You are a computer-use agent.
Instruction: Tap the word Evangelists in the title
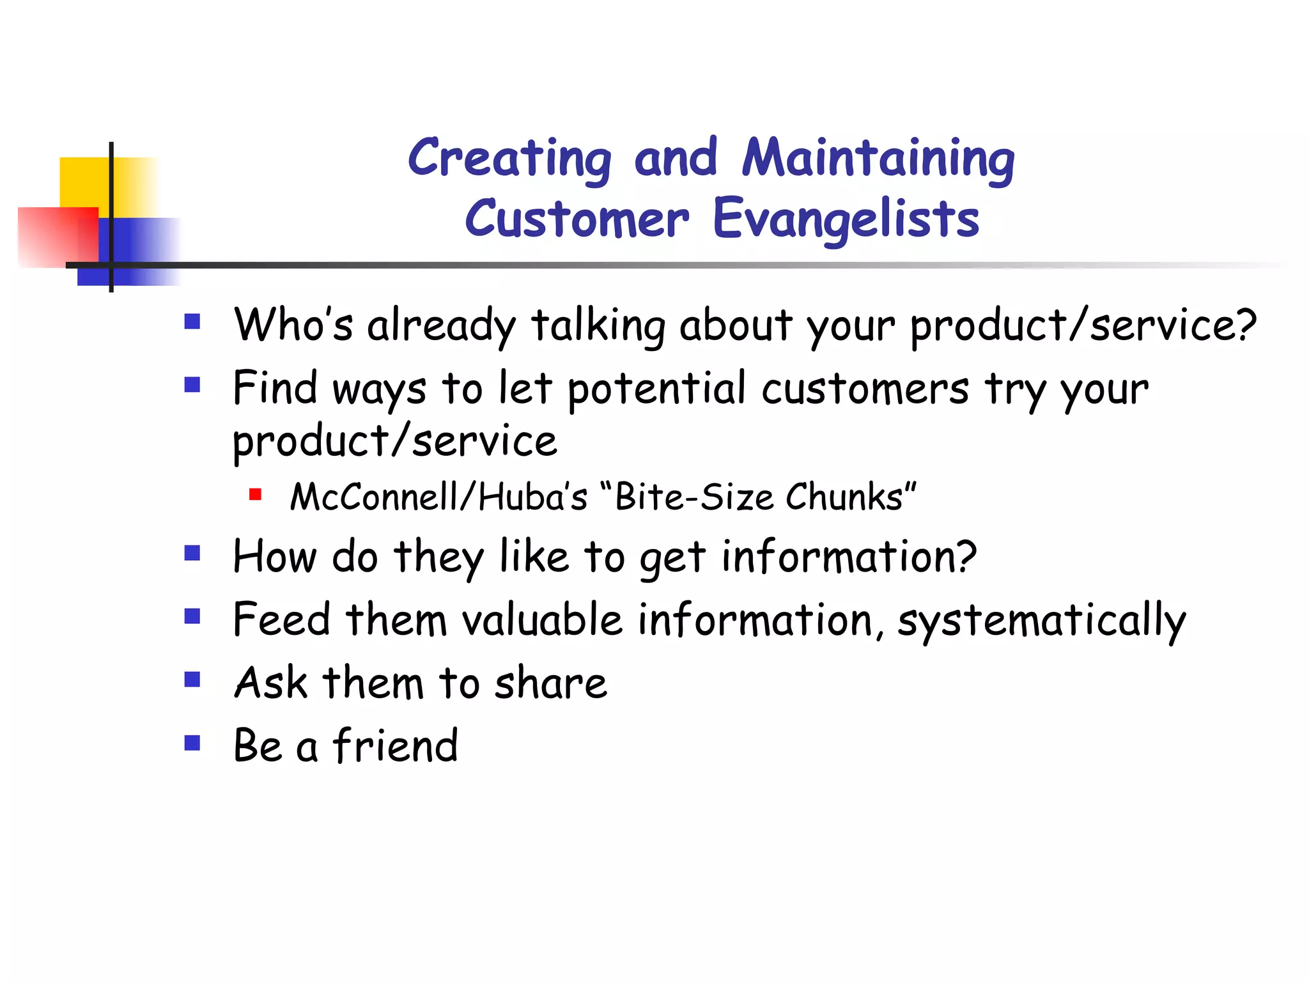click(846, 219)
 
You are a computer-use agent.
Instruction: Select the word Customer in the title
click(577, 219)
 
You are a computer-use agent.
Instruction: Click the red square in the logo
click(54, 237)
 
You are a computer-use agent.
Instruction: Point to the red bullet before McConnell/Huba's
click(255, 494)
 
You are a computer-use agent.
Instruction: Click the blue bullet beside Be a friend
click(192, 742)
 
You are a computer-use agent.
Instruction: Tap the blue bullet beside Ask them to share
click(192, 679)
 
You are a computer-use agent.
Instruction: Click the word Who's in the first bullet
click(293, 324)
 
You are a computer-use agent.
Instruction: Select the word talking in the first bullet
click(598, 325)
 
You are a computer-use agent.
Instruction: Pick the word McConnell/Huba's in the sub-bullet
click(438, 497)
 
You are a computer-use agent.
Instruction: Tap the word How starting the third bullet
click(275, 556)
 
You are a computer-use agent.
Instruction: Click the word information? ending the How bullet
click(849, 556)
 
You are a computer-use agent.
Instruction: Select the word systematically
click(1041, 621)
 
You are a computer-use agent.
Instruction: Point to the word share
click(550, 683)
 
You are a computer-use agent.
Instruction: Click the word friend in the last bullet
click(395, 745)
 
